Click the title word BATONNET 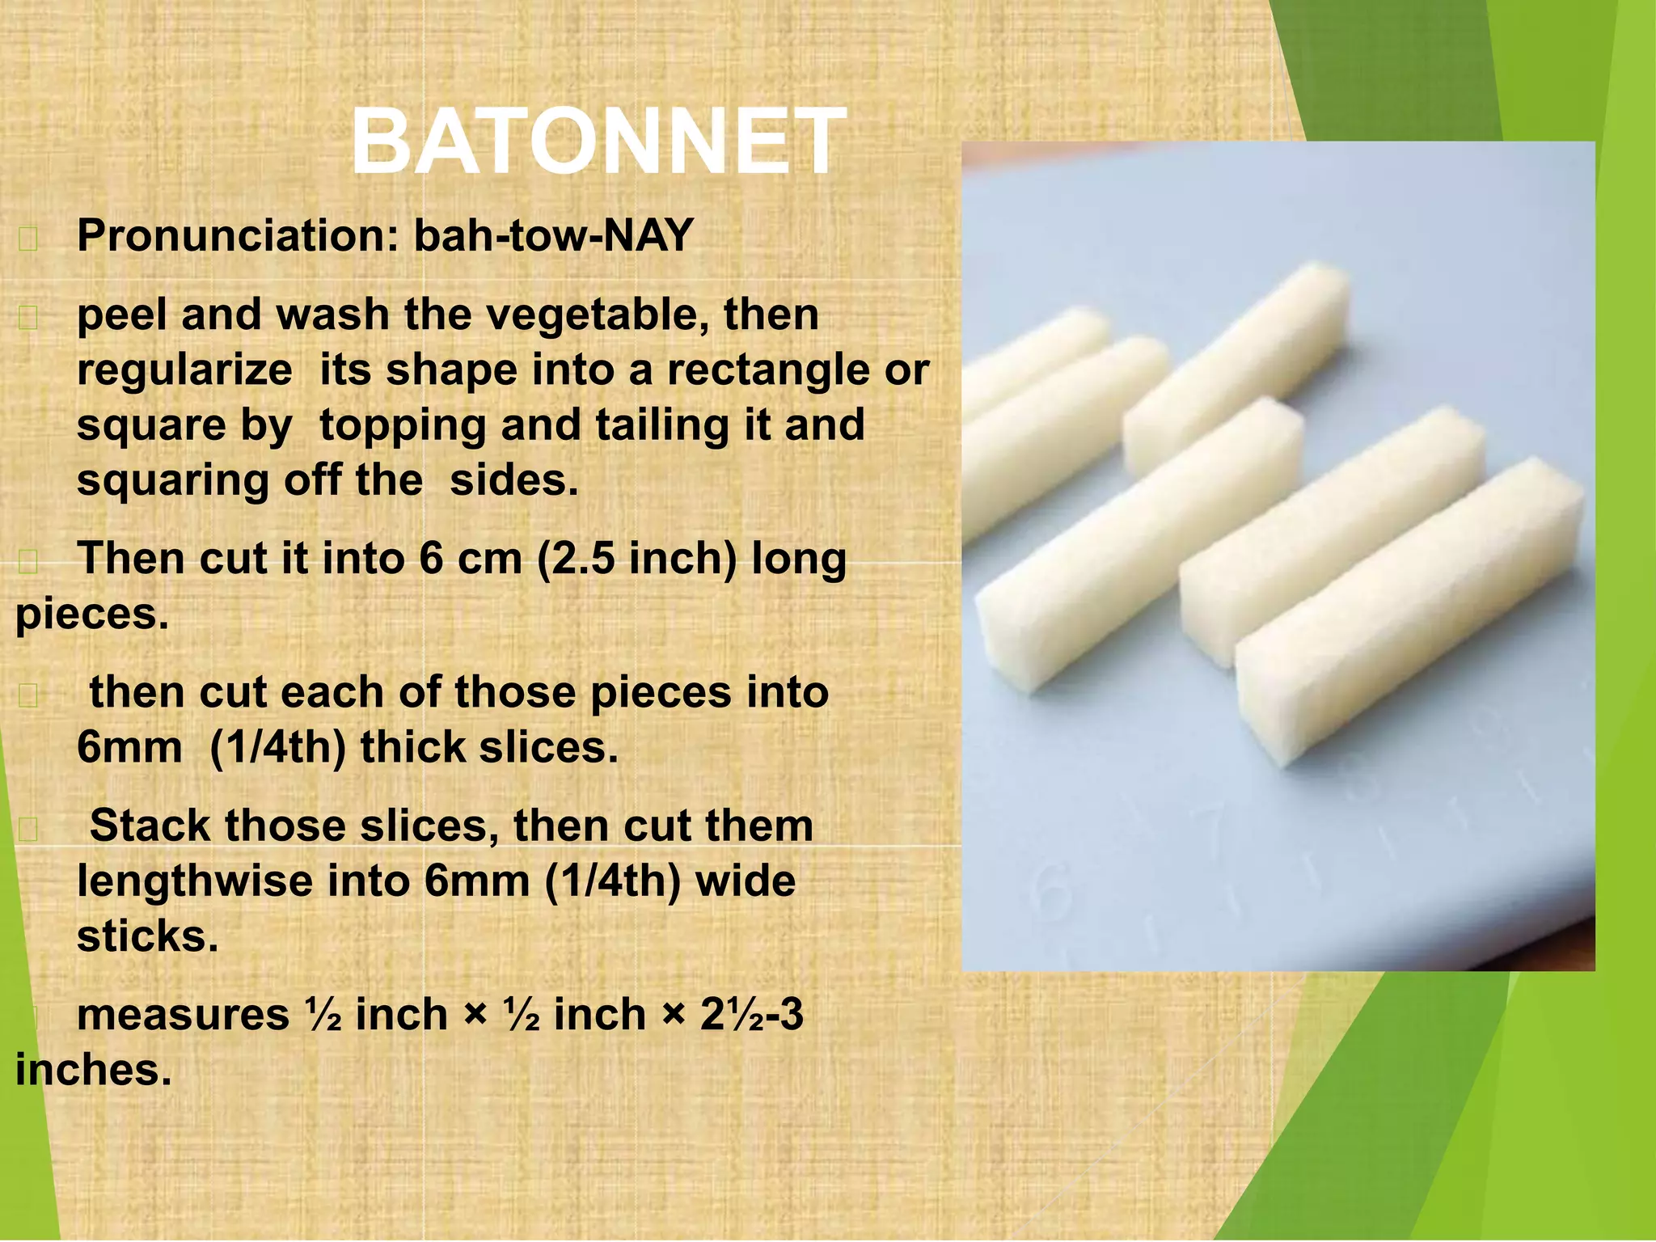(598, 143)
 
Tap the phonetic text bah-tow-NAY (554, 236)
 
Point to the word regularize (184, 370)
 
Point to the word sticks (147, 936)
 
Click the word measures (183, 1015)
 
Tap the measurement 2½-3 (752, 1014)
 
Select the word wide (745, 881)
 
